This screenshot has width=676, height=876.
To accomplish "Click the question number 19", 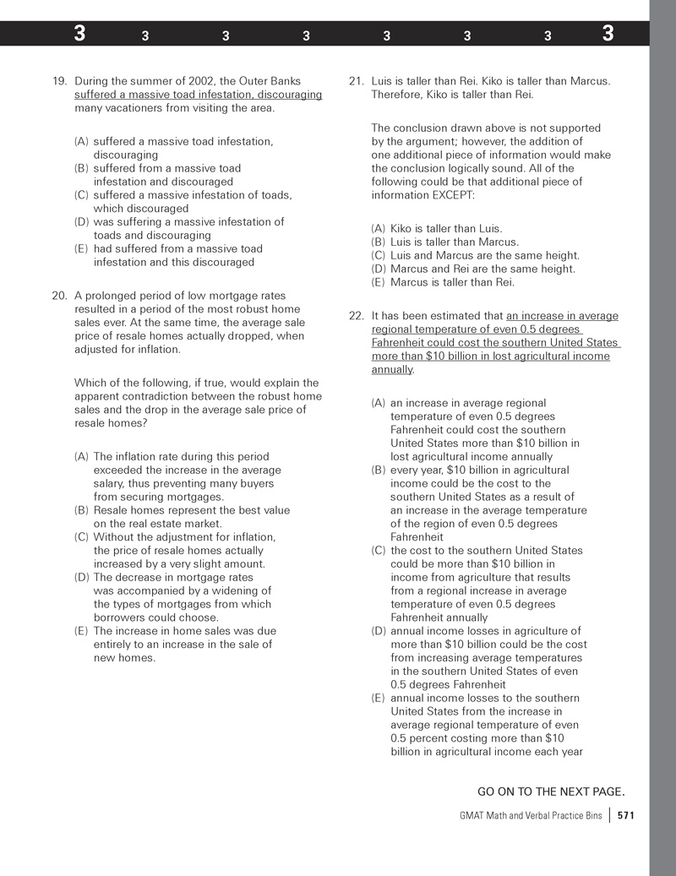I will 59,81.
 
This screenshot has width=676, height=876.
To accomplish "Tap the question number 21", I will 356,81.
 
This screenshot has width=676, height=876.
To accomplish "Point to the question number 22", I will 356,316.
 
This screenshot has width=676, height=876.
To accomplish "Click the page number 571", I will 626,815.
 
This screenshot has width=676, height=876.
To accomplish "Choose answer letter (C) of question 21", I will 379,255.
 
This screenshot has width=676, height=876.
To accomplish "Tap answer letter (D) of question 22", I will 379,630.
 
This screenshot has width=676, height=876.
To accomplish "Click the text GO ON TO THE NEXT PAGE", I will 551,792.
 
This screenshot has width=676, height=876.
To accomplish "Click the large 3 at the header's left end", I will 79,34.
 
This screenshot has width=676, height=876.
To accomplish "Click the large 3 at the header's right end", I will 608,34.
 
